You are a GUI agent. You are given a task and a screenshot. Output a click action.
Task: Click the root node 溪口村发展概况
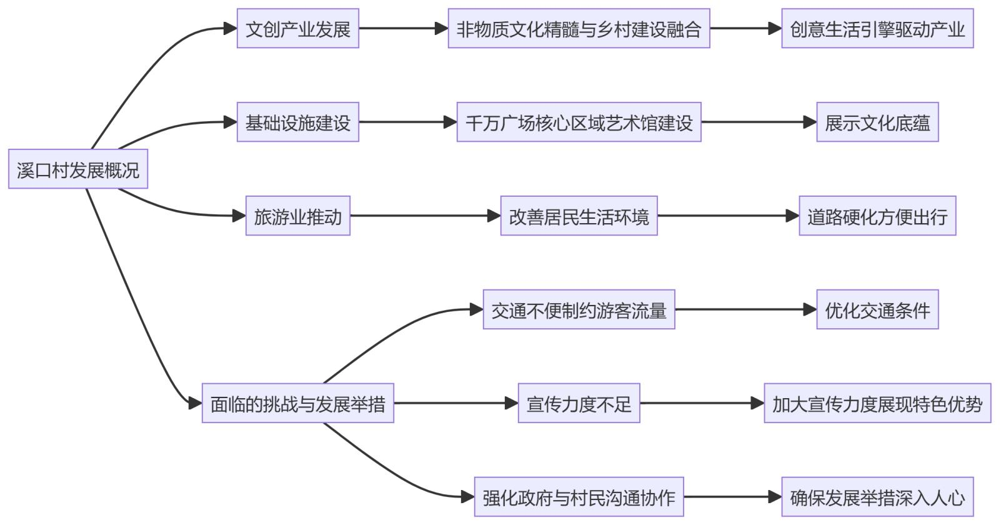(x=78, y=169)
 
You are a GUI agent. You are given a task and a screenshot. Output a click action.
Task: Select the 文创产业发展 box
(x=297, y=28)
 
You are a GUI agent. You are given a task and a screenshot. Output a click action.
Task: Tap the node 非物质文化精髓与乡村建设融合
(x=579, y=28)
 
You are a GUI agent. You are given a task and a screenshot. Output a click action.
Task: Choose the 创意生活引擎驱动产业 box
(x=877, y=28)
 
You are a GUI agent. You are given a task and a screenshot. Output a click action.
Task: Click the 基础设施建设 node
(x=297, y=122)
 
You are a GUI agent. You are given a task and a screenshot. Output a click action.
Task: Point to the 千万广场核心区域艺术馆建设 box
(x=579, y=122)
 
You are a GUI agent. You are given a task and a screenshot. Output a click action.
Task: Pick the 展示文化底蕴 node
(x=877, y=122)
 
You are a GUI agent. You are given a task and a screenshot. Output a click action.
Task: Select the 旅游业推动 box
(x=297, y=216)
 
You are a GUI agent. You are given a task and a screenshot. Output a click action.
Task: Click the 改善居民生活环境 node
(x=579, y=216)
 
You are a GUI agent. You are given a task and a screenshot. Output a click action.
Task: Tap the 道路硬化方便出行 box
(x=877, y=216)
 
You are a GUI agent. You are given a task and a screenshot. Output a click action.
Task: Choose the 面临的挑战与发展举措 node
(x=297, y=403)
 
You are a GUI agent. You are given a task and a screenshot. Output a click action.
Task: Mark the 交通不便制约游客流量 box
(x=579, y=309)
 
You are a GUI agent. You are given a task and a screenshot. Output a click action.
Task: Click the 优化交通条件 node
(x=877, y=309)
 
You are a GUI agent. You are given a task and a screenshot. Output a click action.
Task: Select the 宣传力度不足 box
(x=579, y=403)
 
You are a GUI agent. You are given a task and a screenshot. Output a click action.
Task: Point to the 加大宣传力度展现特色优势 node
(x=877, y=403)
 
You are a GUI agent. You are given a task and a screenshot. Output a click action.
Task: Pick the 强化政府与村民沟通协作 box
(x=579, y=497)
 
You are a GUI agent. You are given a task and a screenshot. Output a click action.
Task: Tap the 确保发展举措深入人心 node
(x=877, y=497)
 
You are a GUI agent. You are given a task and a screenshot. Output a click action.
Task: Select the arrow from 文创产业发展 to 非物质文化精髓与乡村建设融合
(x=403, y=28)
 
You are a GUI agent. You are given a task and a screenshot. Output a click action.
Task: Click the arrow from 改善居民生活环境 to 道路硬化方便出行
(x=728, y=216)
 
